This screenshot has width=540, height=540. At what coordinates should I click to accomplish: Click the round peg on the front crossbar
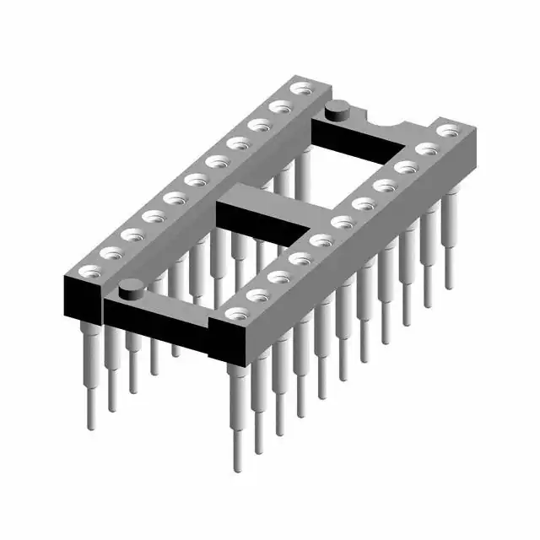tap(132, 290)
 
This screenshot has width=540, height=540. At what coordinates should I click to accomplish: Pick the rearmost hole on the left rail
tap(300, 88)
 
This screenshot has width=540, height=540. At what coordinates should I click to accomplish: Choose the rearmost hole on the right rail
tap(448, 131)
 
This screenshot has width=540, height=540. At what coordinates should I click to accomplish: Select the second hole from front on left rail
tap(111, 251)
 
